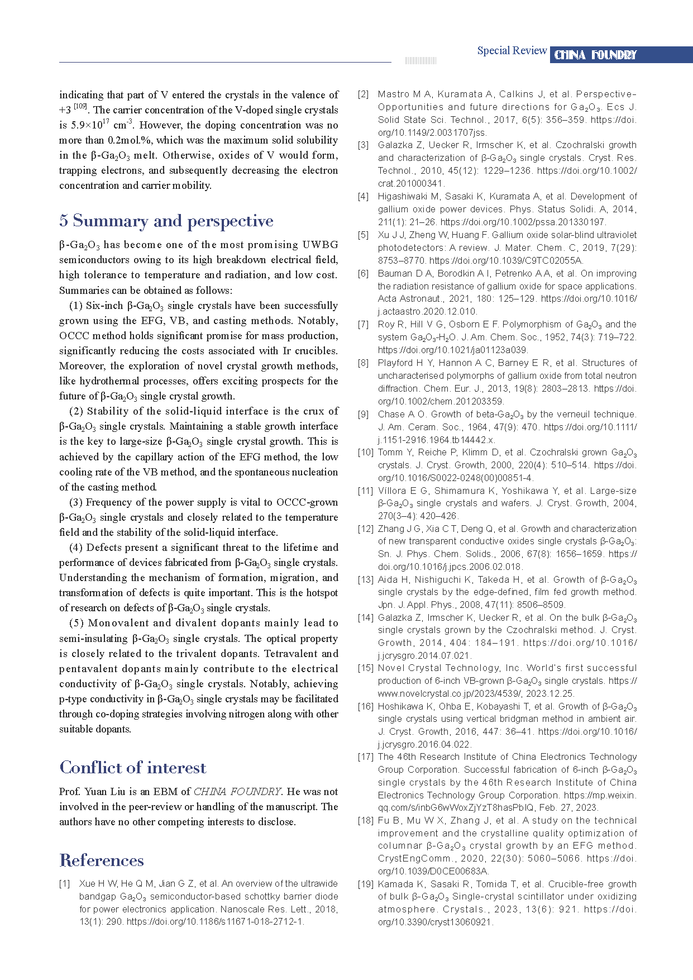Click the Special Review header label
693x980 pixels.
512,51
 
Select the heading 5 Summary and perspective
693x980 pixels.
166,221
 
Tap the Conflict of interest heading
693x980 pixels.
133,768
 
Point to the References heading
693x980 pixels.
102,860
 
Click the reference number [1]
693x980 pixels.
65,884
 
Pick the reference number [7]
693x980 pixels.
364,325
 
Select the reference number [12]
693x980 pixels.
366,529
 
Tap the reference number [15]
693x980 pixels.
366,668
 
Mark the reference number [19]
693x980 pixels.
366,884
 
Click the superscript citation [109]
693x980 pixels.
80,106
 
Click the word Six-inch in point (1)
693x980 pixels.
104,306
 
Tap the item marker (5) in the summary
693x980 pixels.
77,623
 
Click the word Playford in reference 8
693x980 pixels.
395,363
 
